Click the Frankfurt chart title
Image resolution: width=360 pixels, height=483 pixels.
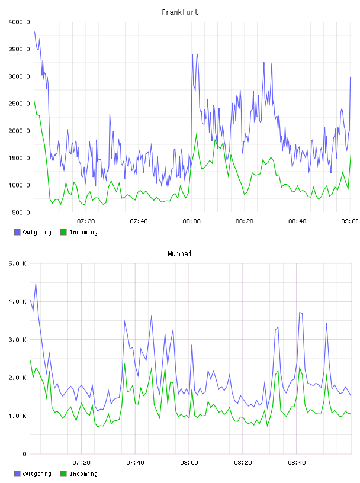[180, 12]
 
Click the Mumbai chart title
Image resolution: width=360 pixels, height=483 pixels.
[179, 254]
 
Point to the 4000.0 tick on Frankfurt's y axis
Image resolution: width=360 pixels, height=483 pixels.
[19, 22]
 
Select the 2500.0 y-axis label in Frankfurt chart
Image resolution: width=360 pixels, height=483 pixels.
[19, 104]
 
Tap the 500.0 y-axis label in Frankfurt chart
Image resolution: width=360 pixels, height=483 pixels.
[21, 212]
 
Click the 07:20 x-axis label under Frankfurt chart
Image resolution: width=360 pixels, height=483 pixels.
[86, 221]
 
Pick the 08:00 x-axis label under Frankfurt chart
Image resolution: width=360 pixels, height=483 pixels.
[191, 221]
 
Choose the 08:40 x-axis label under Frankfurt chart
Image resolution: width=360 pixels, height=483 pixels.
[297, 221]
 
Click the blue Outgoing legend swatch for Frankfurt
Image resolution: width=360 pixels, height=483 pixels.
[17, 232]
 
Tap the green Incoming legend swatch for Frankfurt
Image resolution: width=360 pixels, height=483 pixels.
[63, 232]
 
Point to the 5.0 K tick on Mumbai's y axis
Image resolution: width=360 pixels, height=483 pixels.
[17, 263]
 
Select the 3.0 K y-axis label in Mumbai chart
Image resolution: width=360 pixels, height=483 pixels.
[17, 340]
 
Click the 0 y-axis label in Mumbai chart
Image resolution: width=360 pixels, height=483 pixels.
[25, 454]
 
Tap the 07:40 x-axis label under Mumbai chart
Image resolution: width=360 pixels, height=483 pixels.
[135, 463]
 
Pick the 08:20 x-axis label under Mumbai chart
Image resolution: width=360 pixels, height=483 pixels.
[243, 463]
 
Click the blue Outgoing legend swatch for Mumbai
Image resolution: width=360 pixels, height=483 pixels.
[17, 474]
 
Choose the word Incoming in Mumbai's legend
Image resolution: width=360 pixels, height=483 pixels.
[83, 474]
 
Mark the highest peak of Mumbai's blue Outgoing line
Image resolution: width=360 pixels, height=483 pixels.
[36, 284]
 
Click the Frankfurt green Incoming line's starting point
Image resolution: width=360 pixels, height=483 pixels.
[34, 101]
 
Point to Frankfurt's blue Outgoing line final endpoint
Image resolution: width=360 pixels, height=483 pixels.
[351, 78]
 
